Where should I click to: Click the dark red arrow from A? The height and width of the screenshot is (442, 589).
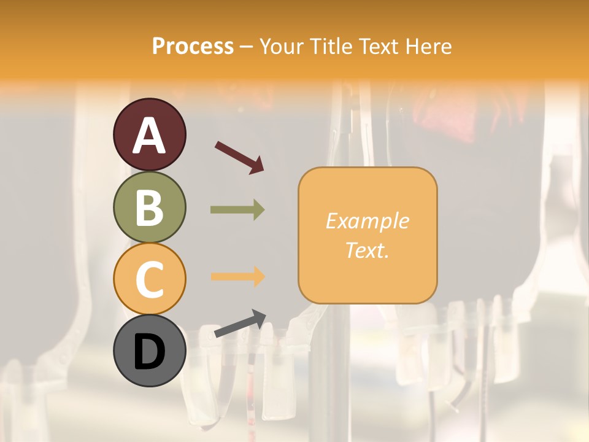[x=239, y=157]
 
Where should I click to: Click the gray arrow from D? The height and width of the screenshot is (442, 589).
[x=240, y=324]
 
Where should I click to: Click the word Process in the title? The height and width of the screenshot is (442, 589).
[x=193, y=47]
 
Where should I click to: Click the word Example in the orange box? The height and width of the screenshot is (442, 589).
[x=367, y=221]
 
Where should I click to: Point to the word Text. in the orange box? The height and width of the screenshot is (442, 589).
[x=367, y=250]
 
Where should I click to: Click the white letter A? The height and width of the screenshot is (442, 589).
[x=150, y=135]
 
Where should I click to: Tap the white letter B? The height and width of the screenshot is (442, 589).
[x=150, y=207]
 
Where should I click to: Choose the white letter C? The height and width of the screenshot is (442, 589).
[x=150, y=279]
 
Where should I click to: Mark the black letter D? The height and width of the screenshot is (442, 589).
[x=150, y=352]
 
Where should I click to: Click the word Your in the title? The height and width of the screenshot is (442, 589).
[x=282, y=47]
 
